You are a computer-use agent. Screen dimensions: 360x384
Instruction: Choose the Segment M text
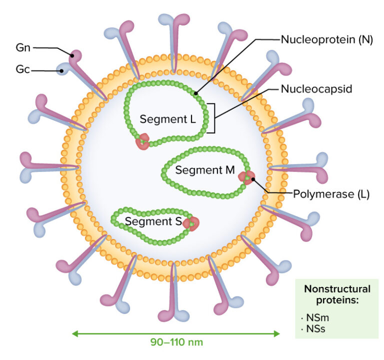[205, 170]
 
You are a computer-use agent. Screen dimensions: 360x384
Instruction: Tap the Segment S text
[152, 221]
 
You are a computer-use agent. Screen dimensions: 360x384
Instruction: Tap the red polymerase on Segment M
[246, 177]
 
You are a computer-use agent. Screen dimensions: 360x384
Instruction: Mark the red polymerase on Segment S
[190, 223]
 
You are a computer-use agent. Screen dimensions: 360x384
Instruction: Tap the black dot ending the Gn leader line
[72, 56]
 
